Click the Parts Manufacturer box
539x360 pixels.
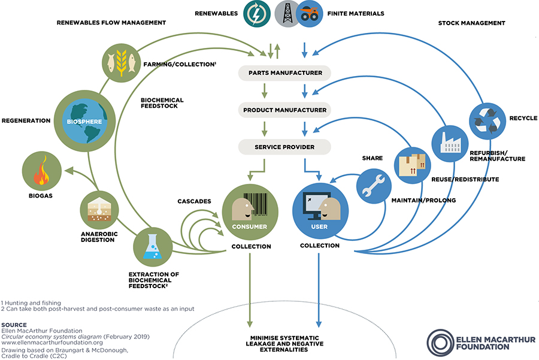(x=285, y=73)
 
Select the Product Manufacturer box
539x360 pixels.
(x=285, y=110)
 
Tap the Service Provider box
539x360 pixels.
(x=285, y=147)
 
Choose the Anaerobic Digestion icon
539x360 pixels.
(x=98, y=209)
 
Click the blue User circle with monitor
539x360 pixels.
(x=320, y=210)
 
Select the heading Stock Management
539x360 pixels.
(x=480, y=23)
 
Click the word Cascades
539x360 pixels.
(x=194, y=201)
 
